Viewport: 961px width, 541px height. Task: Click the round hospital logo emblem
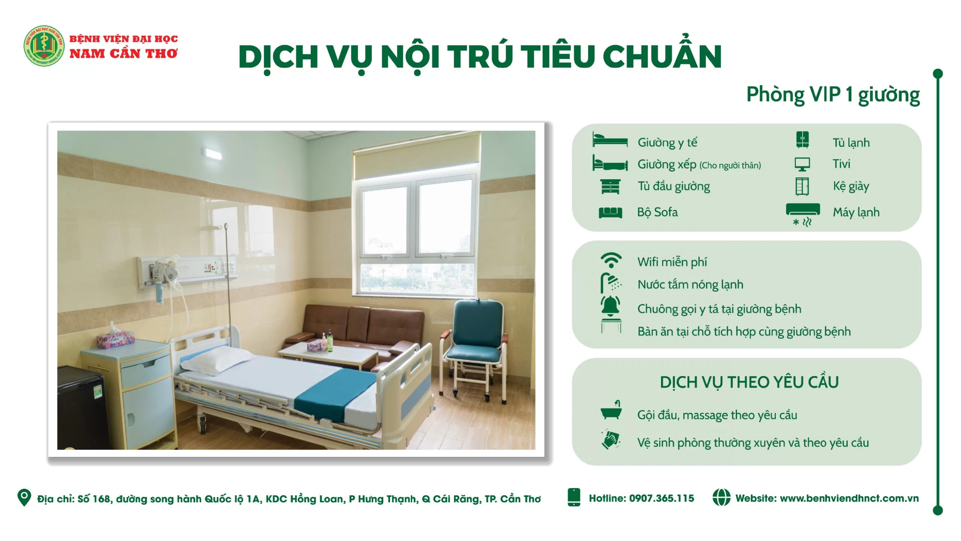click(44, 46)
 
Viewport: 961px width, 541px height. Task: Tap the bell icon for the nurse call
click(611, 305)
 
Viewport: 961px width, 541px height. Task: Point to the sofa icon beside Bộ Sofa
click(610, 213)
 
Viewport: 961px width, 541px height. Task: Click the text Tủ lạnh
click(851, 143)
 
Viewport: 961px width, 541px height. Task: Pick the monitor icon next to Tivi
click(802, 164)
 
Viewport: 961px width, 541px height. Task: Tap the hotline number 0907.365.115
click(661, 498)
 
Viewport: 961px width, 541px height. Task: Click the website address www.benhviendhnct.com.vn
click(849, 498)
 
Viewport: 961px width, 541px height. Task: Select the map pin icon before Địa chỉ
click(24, 497)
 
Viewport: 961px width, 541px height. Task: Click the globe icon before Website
click(721, 497)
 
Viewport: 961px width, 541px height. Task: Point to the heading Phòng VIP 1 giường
click(833, 95)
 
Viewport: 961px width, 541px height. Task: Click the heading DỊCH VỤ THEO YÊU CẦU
click(749, 382)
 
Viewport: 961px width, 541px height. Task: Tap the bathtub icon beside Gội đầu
click(611, 410)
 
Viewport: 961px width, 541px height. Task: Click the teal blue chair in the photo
click(475, 349)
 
